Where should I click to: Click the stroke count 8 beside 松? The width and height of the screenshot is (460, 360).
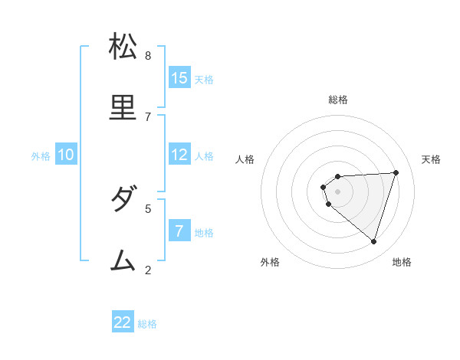(x=148, y=55)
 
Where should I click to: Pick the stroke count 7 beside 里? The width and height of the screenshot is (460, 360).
(x=148, y=116)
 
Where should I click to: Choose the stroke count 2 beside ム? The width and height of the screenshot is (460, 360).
(x=148, y=270)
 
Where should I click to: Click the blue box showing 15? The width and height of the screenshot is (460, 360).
(x=179, y=77)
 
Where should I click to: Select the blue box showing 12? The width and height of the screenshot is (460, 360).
(x=179, y=154)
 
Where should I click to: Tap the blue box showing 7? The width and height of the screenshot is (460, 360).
(x=179, y=231)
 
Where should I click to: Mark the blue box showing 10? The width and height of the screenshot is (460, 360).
(x=66, y=155)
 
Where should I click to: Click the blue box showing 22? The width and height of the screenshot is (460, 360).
(x=123, y=322)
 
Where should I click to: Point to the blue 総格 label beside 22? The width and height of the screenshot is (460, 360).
(x=147, y=324)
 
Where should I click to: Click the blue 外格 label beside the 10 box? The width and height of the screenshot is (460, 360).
(x=41, y=156)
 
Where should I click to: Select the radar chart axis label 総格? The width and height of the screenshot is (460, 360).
(x=338, y=100)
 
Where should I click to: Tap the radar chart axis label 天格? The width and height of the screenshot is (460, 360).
(x=431, y=159)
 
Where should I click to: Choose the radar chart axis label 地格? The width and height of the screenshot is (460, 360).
(x=402, y=262)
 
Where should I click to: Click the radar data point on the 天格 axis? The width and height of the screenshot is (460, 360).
(x=396, y=172)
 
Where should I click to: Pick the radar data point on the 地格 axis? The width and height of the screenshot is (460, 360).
(x=373, y=241)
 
